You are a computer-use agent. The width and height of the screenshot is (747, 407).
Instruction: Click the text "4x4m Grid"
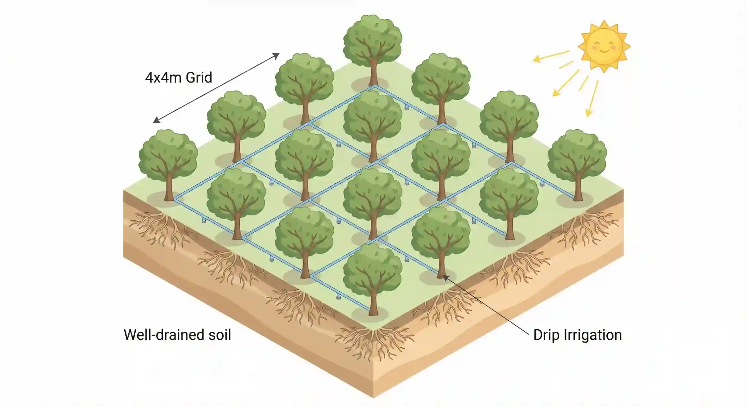click(178, 78)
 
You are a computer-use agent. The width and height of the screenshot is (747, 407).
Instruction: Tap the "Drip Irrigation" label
click(577, 335)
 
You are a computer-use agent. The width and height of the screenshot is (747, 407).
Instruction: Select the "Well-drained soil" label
click(177, 335)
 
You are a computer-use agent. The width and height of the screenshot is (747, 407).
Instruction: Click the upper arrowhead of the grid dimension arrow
click(276, 56)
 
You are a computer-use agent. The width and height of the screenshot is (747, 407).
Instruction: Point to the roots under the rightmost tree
click(584, 229)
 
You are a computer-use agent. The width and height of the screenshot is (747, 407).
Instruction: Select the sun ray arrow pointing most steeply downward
click(592, 99)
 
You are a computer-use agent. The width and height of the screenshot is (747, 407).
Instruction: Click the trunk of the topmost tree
click(373, 73)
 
